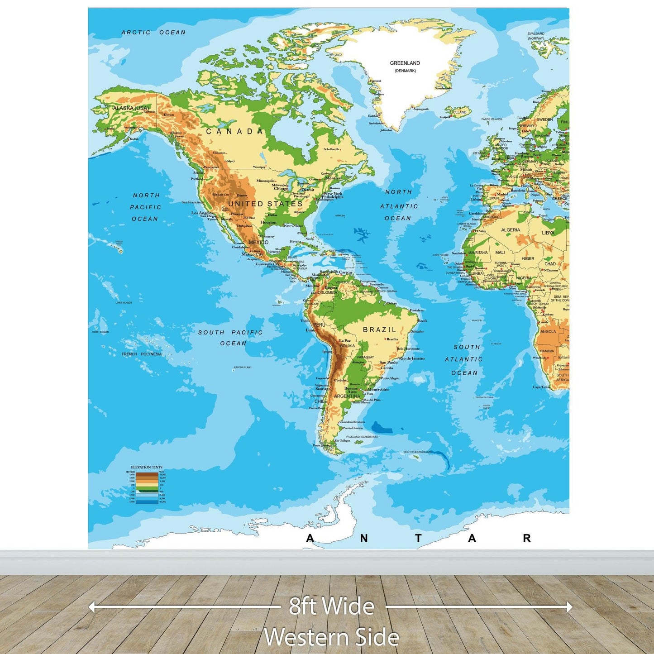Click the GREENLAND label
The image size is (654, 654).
[x=405, y=63]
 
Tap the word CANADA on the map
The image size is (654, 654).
[x=234, y=132]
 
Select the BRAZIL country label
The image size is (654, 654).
[x=379, y=330]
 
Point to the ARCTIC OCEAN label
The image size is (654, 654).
[x=153, y=33]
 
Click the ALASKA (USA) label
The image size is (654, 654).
[x=131, y=108]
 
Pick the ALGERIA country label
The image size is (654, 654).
[x=511, y=230]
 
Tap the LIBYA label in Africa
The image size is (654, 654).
[x=548, y=233]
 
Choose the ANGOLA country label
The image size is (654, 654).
[x=548, y=331]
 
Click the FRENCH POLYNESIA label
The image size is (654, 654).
[x=141, y=354]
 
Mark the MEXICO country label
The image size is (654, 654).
[x=258, y=243]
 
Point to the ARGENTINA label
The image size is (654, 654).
[x=347, y=396]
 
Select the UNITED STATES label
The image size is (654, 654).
[x=265, y=204]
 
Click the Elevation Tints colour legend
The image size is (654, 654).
[x=147, y=487]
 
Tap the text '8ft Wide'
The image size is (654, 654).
[x=332, y=606]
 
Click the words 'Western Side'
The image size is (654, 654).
[x=331, y=637]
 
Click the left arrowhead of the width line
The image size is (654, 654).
[x=91, y=607]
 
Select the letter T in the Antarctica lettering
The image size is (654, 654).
[x=418, y=538]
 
